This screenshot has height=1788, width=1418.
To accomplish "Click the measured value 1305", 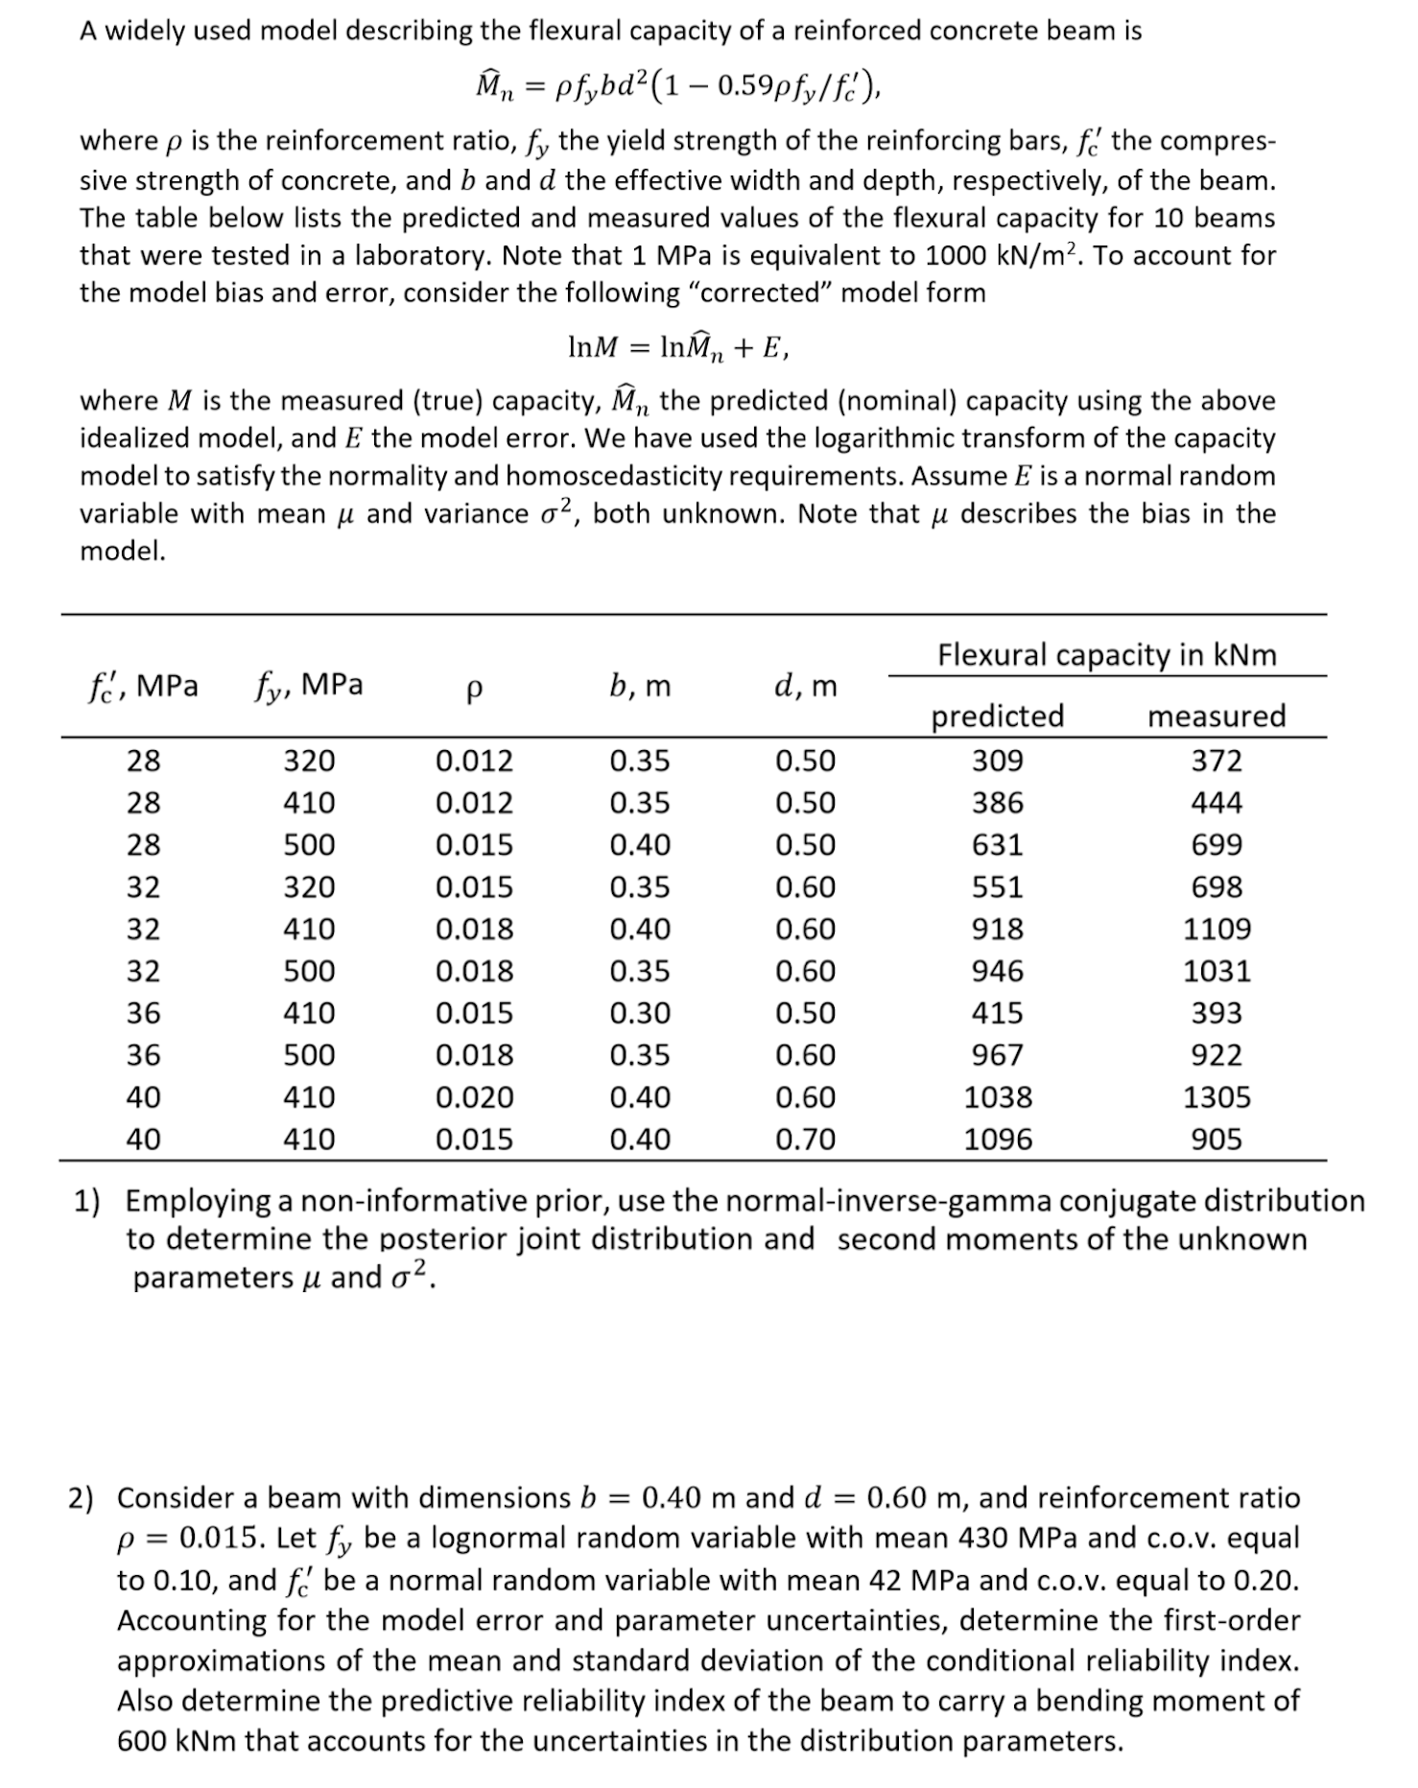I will [1216, 1096].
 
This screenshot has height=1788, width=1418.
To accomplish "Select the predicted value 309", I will [997, 761].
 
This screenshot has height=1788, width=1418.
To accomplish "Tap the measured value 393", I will [1216, 1013].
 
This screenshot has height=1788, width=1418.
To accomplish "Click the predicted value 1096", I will [997, 1139].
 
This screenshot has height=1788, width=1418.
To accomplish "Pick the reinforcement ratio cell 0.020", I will [474, 1096].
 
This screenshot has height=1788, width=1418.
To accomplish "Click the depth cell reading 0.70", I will [805, 1139].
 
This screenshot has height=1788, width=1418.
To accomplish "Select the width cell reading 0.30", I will [640, 1013].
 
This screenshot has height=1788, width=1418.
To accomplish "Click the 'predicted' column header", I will [997, 716].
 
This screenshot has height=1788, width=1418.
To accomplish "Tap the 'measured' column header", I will [1216, 716].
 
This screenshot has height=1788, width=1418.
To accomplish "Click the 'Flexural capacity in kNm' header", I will [1106, 654].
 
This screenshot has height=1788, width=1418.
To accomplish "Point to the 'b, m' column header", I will [640, 686].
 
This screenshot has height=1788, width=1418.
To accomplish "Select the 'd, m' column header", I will [805, 686].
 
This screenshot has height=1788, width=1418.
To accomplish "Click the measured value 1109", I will [1216, 929].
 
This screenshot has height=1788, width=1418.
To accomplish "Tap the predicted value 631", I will [997, 845].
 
